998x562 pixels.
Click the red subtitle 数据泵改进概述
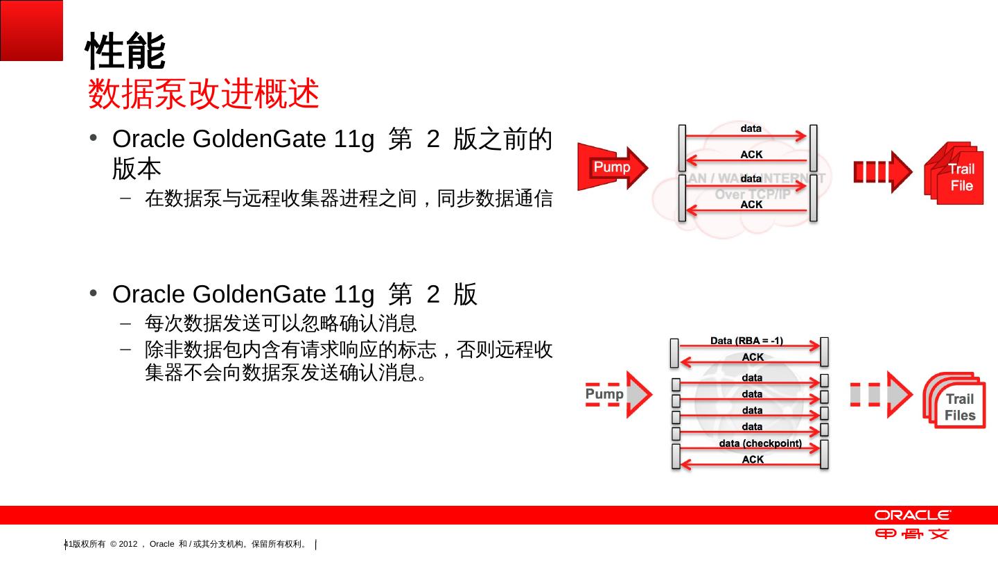(x=203, y=94)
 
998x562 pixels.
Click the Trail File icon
(x=955, y=174)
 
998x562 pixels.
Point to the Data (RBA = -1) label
(x=746, y=341)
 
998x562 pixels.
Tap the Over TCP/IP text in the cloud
(x=751, y=194)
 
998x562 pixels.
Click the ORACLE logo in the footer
(x=912, y=516)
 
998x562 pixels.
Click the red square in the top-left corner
(x=31, y=30)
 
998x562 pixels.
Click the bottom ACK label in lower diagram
(x=753, y=459)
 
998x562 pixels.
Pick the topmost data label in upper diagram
(x=751, y=128)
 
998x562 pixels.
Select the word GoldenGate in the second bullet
(x=259, y=294)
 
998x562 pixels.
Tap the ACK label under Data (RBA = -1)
(x=753, y=357)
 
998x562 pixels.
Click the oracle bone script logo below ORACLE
(x=912, y=534)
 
